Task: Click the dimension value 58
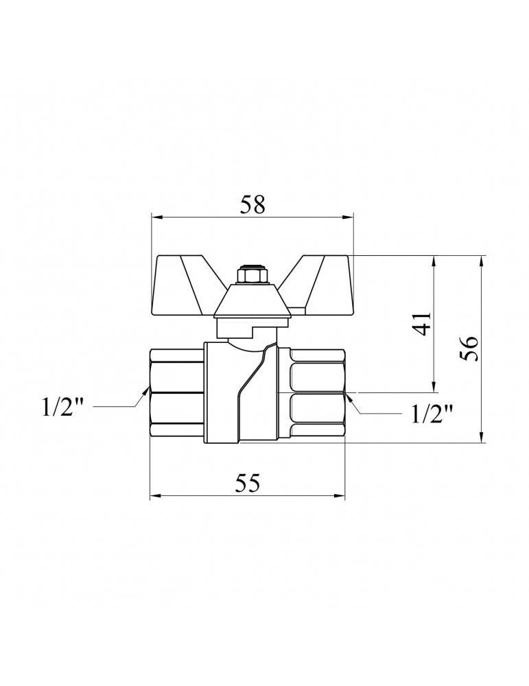(x=253, y=204)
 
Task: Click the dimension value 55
(x=248, y=483)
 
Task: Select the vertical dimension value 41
(x=422, y=324)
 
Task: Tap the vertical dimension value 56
(x=469, y=348)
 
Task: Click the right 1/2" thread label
(x=432, y=414)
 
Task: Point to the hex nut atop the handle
(x=248, y=276)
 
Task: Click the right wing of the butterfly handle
(x=317, y=285)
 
